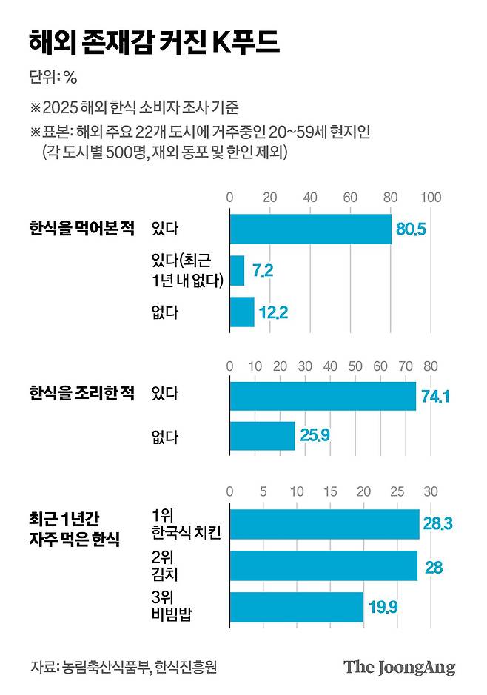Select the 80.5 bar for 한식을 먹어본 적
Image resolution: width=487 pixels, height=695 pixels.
[x=310, y=229]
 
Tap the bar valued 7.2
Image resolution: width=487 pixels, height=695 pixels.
[x=237, y=270]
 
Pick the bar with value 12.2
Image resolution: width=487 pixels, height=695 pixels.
[x=242, y=312]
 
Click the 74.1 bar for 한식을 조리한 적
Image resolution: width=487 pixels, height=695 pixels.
[x=323, y=395]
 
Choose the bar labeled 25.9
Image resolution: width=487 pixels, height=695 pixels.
[x=262, y=437]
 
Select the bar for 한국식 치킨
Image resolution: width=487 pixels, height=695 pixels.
[x=324, y=524]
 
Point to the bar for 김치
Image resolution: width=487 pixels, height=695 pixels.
[x=323, y=565]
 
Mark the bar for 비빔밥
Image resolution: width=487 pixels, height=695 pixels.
[x=296, y=607]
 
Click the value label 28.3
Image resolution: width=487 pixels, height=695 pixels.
[x=437, y=524]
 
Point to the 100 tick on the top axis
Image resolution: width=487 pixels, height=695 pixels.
[x=431, y=198]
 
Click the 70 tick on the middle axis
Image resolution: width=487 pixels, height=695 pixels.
[x=406, y=366]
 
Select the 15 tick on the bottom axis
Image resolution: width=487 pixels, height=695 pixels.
[x=330, y=491]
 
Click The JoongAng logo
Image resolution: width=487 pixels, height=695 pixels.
[x=399, y=667]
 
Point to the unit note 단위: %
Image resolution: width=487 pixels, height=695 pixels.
[x=53, y=76]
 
